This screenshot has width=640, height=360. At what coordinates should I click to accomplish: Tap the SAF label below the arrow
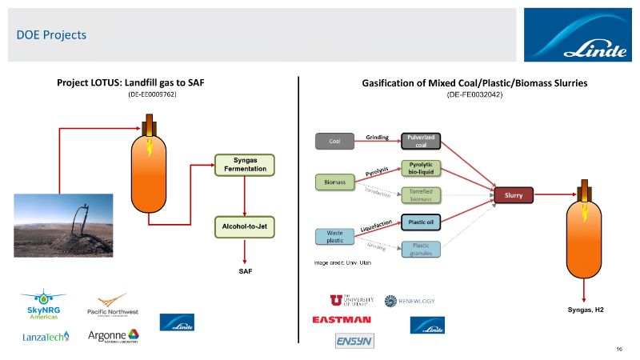pyautogui.click(x=244, y=272)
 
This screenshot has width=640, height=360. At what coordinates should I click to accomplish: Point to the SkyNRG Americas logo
pyautogui.click(x=42, y=304)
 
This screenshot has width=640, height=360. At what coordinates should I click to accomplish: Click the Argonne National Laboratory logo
pyautogui.click(x=113, y=336)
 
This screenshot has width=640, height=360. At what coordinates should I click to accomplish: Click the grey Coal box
pyautogui.click(x=334, y=142)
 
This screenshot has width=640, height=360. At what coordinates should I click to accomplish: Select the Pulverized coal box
pyautogui.click(x=421, y=142)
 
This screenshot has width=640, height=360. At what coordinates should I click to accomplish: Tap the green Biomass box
pyautogui.click(x=335, y=182)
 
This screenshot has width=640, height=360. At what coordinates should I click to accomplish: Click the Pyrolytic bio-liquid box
pyautogui.click(x=421, y=167)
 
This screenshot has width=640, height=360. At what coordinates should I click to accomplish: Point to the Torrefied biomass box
pyautogui.click(x=421, y=195)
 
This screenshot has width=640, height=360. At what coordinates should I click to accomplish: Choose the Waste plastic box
pyautogui.click(x=334, y=236)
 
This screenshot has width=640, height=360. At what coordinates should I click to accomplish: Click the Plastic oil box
pyautogui.click(x=421, y=222)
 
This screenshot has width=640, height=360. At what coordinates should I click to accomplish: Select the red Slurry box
pyautogui.click(x=514, y=194)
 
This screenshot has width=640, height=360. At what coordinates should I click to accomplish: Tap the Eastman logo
pyautogui.click(x=342, y=319)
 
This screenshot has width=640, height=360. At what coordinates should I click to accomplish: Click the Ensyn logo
pyautogui.click(x=354, y=341)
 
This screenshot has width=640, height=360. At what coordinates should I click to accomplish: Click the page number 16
pyautogui.click(x=619, y=350)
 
